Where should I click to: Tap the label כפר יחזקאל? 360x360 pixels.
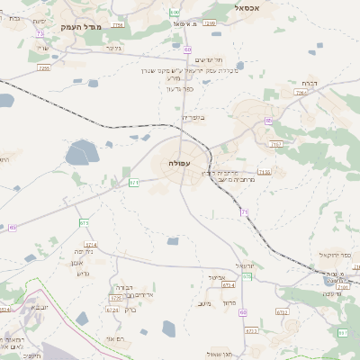tap(336, 255)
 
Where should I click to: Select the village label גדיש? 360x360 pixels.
tap(85, 273)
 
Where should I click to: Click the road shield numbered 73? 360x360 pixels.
tap(40, 33)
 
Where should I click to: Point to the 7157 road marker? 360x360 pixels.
tap(275, 143)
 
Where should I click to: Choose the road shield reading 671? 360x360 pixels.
tap(133, 183)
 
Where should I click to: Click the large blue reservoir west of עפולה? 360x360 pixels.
tap(81, 153)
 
